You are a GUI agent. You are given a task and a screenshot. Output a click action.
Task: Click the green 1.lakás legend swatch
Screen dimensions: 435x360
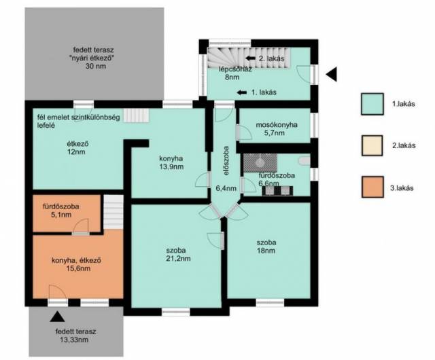click(x=372, y=104)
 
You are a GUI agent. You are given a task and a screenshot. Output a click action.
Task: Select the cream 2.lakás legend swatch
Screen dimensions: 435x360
click(x=372, y=145)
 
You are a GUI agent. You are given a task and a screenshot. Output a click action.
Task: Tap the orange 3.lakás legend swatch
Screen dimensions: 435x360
click(x=372, y=187)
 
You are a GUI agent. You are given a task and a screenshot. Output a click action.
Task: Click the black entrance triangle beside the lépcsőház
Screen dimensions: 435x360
click(x=332, y=74)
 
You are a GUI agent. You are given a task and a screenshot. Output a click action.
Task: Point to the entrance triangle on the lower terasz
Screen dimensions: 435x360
click(x=57, y=317)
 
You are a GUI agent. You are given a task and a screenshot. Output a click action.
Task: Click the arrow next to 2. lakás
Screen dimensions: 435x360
click(x=251, y=58)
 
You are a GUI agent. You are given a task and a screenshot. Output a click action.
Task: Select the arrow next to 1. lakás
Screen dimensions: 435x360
click(x=242, y=92)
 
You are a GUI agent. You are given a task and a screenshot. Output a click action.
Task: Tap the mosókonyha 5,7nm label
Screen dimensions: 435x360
click(x=273, y=128)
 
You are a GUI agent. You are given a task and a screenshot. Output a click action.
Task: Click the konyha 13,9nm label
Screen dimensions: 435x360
click(x=171, y=162)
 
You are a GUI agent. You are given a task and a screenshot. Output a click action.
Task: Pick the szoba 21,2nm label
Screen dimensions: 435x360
click(x=178, y=254)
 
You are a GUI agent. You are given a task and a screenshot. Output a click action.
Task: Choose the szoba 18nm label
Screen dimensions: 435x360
click(x=266, y=247)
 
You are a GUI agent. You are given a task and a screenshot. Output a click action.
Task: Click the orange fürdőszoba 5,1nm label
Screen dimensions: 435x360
click(x=60, y=211)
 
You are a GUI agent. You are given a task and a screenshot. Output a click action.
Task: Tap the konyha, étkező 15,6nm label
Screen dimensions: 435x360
click(x=76, y=264)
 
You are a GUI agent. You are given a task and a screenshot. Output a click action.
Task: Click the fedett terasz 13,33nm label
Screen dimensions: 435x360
click(x=75, y=336)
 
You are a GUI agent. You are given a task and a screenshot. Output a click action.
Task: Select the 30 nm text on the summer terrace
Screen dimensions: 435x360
click(x=96, y=67)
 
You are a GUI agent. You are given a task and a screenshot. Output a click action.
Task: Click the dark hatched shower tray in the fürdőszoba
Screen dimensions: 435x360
click(x=260, y=163)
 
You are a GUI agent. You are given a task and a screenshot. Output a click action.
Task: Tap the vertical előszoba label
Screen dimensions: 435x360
click(x=226, y=160)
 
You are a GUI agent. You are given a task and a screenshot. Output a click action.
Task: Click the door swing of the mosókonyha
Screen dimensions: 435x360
click(x=245, y=132)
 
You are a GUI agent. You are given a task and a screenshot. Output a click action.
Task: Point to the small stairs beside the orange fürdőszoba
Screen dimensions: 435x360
click(x=114, y=212)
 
